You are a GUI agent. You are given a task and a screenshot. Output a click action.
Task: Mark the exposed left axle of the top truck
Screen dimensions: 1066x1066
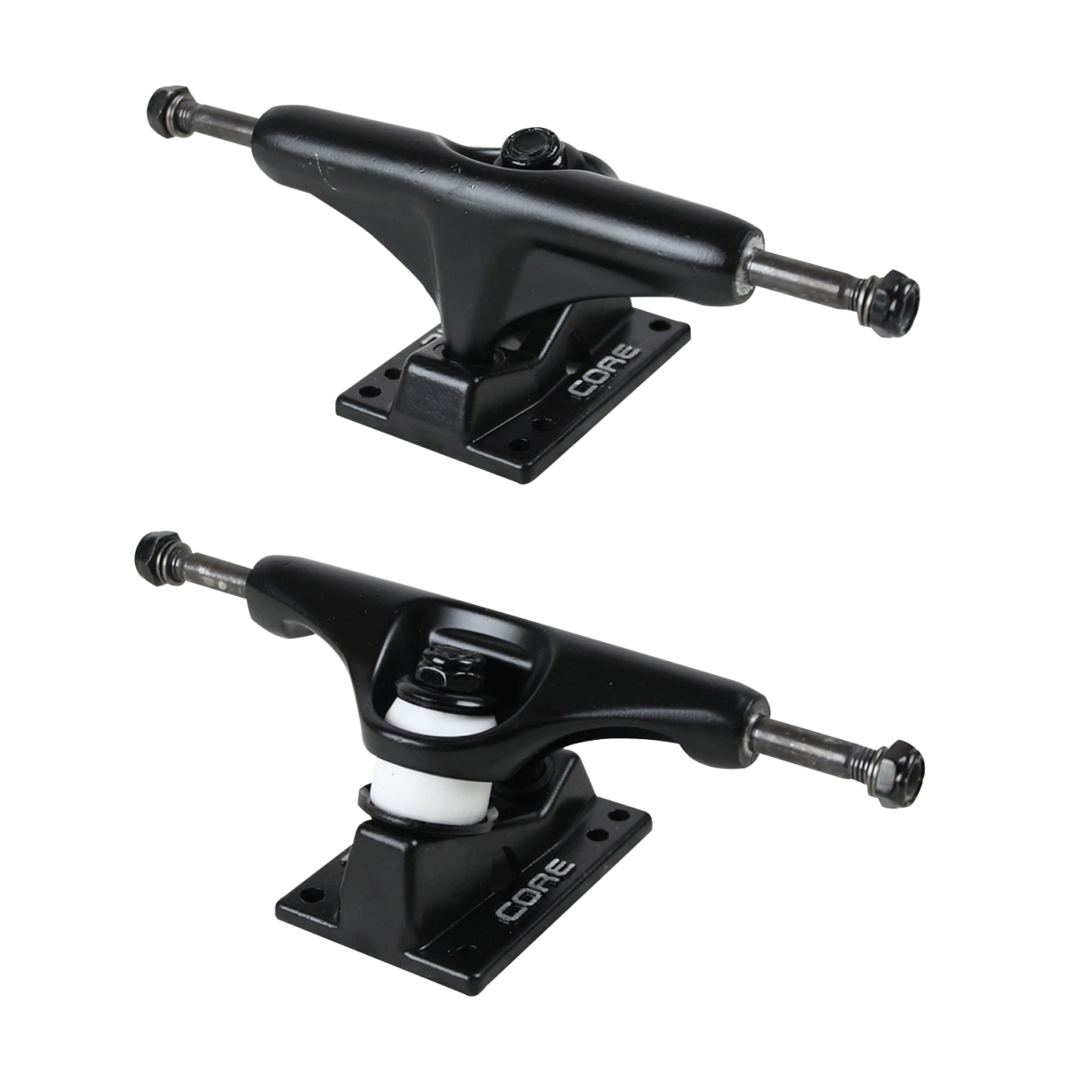click(222, 122)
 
